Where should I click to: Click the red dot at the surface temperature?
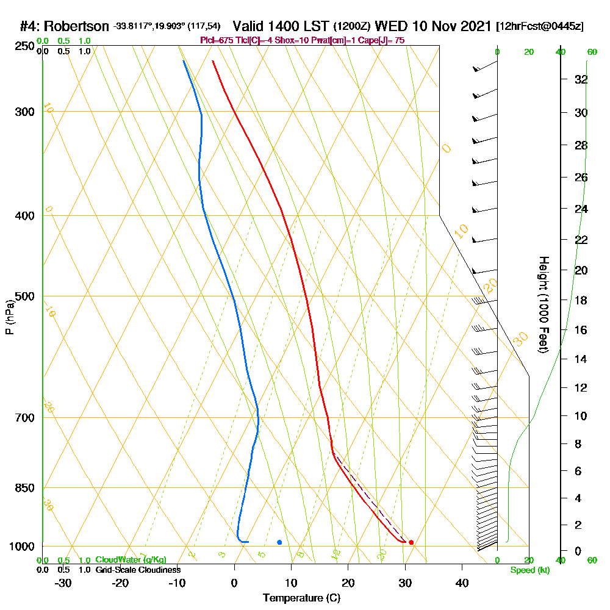pyautogui.click(x=411, y=542)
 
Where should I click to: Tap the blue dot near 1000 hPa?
pyautogui.click(x=279, y=542)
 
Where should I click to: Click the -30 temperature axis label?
pyautogui.click(x=63, y=583)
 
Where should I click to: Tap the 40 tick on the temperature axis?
pyautogui.click(x=462, y=583)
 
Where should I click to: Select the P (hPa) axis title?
pyautogui.click(x=9, y=317)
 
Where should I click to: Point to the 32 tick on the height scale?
pyautogui.click(x=581, y=79)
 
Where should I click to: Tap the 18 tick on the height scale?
pyautogui.click(x=581, y=300)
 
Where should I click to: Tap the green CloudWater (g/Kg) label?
pyautogui.click(x=131, y=559)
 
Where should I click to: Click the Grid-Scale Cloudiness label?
pyautogui.click(x=138, y=570)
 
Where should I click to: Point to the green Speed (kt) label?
pyautogui.click(x=529, y=570)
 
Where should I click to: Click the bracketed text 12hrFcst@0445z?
pyautogui.click(x=540, y=26)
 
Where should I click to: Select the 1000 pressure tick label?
pyautogui.click(x=20, y=547)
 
